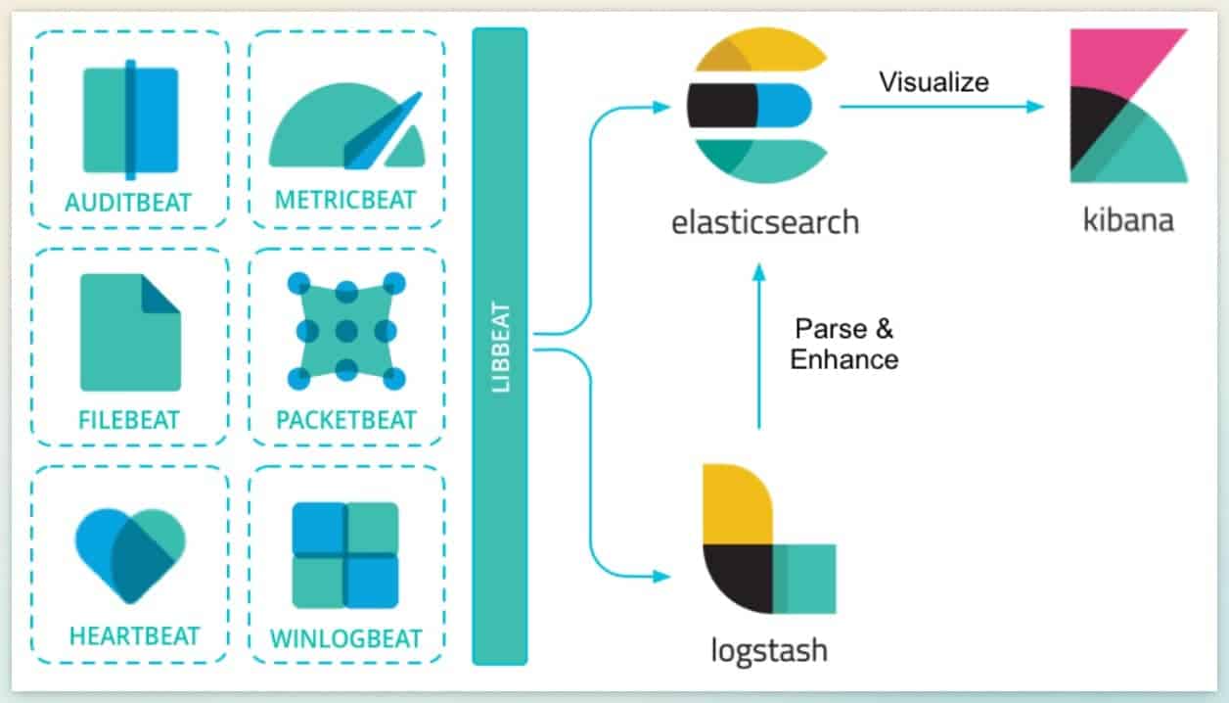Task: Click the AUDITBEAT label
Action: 129,202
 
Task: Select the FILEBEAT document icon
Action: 130,332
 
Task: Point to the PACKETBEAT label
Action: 346,420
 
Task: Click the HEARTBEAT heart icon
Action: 130,553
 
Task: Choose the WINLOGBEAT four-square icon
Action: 345,555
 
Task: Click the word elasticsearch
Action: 764,221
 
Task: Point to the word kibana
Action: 1128,219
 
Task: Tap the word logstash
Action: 768,649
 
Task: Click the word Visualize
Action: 933,80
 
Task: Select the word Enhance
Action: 843,359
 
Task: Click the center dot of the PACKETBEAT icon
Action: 345,330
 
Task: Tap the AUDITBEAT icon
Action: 130,117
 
